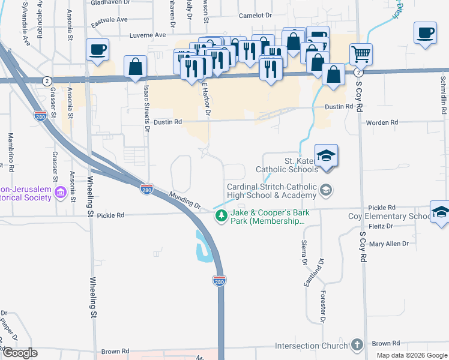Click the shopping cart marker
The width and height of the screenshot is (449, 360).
pos(361,55)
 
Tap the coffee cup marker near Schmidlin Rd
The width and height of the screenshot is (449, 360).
pos(425,33)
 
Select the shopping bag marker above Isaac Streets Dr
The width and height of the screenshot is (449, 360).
pos(136,67)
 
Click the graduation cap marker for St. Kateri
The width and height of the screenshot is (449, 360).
pos(326,155)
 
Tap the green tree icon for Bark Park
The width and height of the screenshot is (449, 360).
pos(221,216)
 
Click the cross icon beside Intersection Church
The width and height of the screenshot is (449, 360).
pos(357,345)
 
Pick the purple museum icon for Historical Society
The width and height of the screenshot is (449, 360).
pos(60,193)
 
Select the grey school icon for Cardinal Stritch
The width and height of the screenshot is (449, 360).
pos(325,190)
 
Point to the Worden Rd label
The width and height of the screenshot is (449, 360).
pos(382,122)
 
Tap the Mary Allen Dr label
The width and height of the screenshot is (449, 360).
pos(388,244)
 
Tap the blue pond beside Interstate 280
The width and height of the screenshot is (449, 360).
pos(204,246)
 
